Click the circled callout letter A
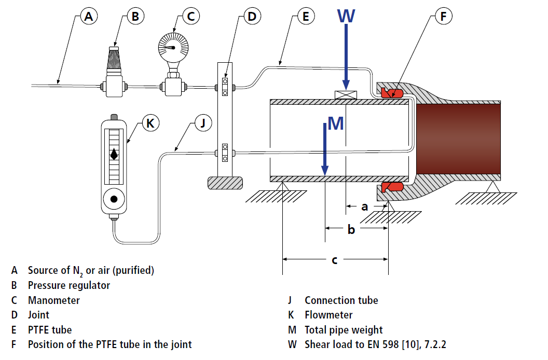89,17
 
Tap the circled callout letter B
135,17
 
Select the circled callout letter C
190,17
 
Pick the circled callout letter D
252,17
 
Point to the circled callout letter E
306,17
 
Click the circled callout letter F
443,17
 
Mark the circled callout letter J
203,123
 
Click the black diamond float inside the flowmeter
114,155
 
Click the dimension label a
365,206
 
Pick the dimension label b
351,229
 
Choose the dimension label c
334,260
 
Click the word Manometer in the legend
54,300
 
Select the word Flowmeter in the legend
328,315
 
